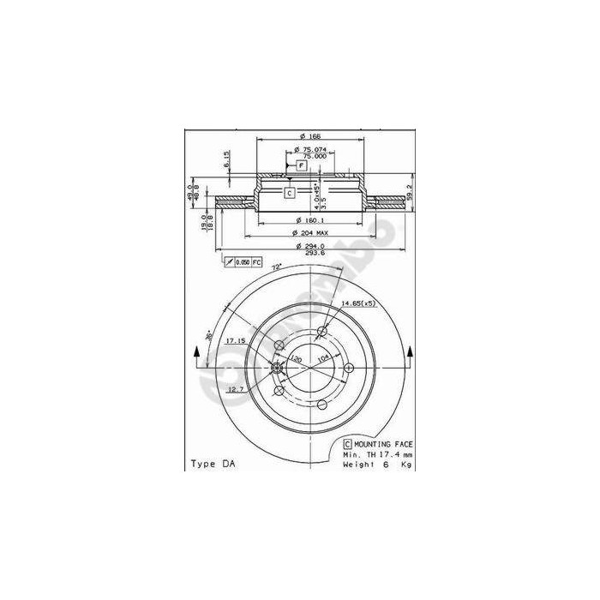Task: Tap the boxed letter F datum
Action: pyautogui.click(x=302, y=165)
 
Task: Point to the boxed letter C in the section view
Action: pyautogui.click(x=289, y=193)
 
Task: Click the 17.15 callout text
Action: pyautogui.click(x=236, y=341)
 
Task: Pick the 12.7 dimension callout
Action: pyautogui.click(x=237, y=389)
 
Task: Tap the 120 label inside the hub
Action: pyautogui.click(x=297, y=359)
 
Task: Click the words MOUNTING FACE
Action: pyautogui.click(x=383, y=443)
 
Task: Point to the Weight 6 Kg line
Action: pyautogui.click(x=377, y=464)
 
